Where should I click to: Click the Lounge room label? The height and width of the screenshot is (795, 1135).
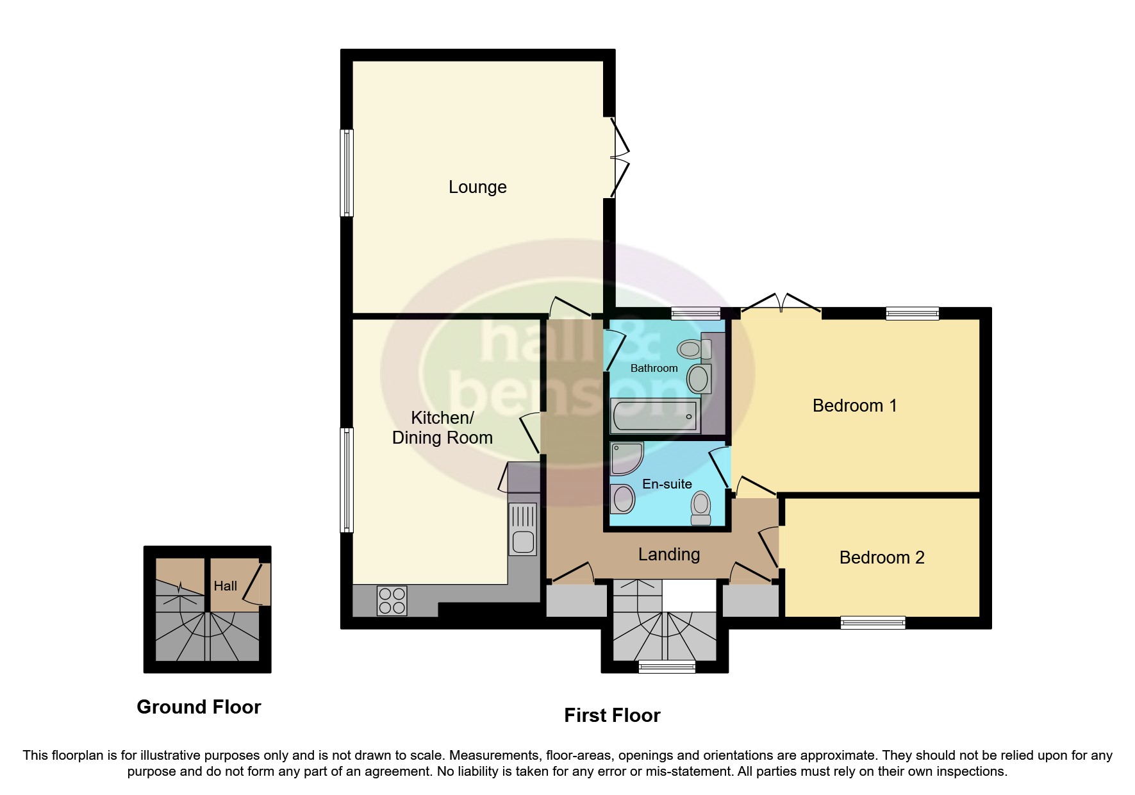point(477,187)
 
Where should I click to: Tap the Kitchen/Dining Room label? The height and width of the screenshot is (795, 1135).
point(442,428)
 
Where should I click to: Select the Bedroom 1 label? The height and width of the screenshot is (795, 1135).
point(854,406)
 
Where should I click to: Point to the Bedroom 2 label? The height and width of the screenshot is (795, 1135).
point(882,558)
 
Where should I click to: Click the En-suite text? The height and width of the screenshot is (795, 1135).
point(667,485)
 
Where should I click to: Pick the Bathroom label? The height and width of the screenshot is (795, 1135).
point(654,368)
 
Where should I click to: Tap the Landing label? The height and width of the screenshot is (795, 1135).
point(668,555)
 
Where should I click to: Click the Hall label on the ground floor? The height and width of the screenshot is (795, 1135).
point(225,586)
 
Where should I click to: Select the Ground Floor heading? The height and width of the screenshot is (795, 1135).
point(199,707)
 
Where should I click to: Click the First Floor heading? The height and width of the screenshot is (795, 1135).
point(612,715)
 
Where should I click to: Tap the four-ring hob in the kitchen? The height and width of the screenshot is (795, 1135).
point(392,601)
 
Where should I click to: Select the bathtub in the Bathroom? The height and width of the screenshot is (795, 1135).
point(654,416)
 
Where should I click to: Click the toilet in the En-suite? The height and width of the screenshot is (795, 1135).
point(700,508)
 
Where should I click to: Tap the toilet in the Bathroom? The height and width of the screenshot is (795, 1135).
point(692,349)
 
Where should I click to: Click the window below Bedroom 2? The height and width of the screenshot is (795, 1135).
point(873,622)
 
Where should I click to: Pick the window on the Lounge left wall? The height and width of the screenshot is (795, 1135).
point(346,173)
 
